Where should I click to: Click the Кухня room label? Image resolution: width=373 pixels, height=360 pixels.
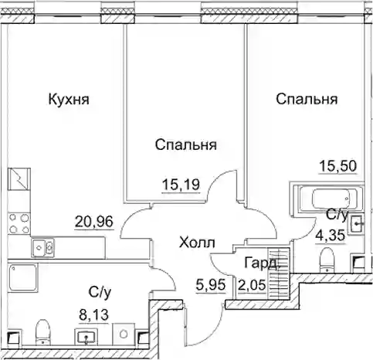coord(69,100)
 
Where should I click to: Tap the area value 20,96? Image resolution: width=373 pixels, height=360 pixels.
coord(94,222)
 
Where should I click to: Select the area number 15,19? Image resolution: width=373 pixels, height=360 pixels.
coord(181,185)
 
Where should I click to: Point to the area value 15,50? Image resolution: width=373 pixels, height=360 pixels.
coord(337,166)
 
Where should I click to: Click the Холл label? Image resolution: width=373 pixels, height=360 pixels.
coord(197,243)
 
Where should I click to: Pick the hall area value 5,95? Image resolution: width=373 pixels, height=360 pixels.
coord(211,285)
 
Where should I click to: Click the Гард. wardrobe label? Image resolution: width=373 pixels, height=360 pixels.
coord(261,263)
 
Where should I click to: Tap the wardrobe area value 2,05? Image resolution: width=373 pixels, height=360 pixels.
coord(252,285)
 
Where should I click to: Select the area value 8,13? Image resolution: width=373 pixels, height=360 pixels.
coord(93,314)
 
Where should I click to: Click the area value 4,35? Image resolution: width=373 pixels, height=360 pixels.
coord(330,235)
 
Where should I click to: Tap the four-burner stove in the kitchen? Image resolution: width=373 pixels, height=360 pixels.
coord(19,223)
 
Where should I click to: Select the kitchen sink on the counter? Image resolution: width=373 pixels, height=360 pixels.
coord(42,248)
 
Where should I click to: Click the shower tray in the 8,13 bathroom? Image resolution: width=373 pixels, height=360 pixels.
coord(22,277)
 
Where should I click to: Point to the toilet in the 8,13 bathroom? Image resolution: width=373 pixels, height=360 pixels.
coord(42,332)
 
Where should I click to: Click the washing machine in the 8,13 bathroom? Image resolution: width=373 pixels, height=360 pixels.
coord(124,334)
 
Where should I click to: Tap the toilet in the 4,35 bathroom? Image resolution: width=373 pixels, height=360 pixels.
coord(327,260)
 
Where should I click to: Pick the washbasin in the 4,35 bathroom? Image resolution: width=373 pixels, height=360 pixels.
coord(355,224)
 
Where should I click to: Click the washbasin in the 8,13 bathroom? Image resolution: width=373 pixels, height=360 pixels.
coord(86,336)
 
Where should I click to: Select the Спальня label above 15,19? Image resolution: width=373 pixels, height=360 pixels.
coord(185,144)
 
